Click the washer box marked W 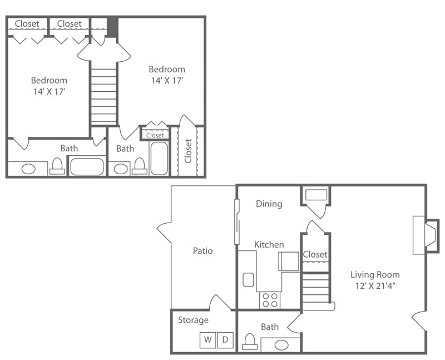click(x=208, y=340)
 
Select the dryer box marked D click(x=225, y=340)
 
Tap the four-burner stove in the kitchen click(x=270, y=300)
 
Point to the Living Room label click(x=375, y=274)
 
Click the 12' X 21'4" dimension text click(x=375, y=287)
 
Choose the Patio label click(x=203, y=250)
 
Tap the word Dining click(x=269, y=204)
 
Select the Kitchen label click(x=269, y=244)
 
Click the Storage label click(x=193, y=320)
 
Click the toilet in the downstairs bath click(x=250, y=341)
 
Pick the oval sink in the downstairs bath click(x=281, y=345)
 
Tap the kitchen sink click(x=249, y=279)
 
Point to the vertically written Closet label click(x=188, y=151)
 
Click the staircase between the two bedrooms click(x=103, y=95)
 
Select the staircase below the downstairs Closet click(x=316, y=289)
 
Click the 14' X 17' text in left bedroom click(x=49, y=92)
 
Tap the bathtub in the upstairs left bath click(x=87, y=166)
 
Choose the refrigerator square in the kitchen click(x=289, y=262)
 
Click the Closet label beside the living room click(x=315, y=254)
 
